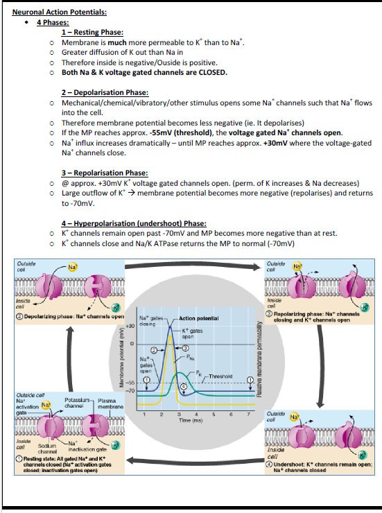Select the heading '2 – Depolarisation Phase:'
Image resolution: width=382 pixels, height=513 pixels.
[105, 93]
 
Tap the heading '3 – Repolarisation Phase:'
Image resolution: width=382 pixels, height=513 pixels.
[105, 173]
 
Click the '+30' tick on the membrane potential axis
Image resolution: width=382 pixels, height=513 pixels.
[130, 326]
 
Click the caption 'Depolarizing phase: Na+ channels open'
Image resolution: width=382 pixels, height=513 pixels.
[69, 316]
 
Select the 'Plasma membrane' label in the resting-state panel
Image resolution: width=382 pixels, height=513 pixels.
[107, 403]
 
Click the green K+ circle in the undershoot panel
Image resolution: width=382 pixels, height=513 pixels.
[361, 455]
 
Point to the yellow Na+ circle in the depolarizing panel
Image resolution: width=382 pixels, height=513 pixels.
[73, 267]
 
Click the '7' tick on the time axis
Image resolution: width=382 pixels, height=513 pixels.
[248, 414]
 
